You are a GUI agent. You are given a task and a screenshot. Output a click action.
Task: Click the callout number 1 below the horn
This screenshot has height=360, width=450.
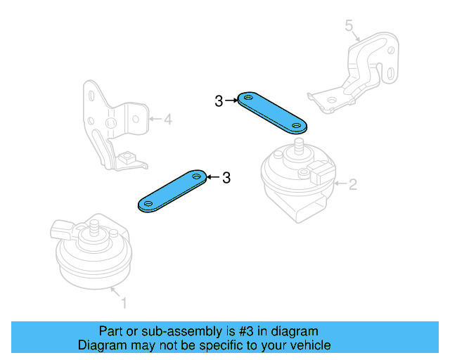[124, 304]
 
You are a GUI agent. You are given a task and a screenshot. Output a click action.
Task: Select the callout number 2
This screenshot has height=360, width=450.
[353, 185]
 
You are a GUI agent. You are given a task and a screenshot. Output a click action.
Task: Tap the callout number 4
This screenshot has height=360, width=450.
[167, 120]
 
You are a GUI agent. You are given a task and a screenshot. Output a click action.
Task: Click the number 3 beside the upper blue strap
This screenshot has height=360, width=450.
[219, 102]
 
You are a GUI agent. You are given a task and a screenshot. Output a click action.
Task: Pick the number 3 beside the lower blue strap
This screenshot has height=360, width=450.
[226, 178]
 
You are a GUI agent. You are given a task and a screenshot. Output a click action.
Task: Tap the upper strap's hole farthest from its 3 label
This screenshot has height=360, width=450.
[297, 127]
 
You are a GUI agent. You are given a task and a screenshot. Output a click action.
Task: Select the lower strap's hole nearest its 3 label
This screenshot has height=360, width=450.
[197, 176]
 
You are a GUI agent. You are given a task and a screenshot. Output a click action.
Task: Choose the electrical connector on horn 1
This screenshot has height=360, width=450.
[62, 228]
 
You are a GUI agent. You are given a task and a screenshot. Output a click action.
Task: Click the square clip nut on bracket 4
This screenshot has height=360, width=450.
[127, 157]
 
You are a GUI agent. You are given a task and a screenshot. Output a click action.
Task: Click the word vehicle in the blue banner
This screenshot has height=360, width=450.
[308, 345]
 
